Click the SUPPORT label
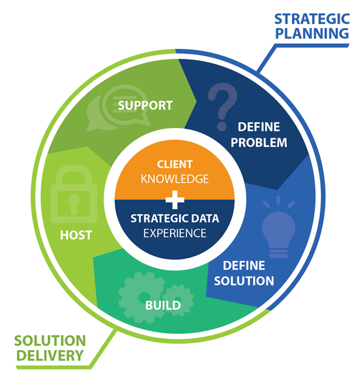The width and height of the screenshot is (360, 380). (x=145, y=105)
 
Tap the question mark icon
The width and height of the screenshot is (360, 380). (x=222, y=106)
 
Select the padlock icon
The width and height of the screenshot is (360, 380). (x=74, y=194)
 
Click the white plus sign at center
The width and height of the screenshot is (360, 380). (x=174, y=200)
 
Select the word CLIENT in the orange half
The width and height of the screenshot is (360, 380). (x=174, y=165)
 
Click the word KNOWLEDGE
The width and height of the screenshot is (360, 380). (x=174, y=179)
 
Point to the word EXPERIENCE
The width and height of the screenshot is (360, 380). (x=174, y=233)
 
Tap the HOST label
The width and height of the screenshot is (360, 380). (x=76, y=235)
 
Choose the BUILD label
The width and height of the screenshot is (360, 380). (x=163, y=306)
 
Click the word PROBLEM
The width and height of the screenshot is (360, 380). (x=259, y=142)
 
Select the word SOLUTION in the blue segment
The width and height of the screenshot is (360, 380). (x=244, y=281)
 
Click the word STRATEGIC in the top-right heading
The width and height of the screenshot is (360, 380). (x=312, y=19)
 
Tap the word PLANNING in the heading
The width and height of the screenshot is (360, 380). (x=312, y=33)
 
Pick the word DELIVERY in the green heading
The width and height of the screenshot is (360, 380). (x=50, y=355)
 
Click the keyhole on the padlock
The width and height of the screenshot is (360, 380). (x=74, y=204)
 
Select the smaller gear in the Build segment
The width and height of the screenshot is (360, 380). (x=178, y=300)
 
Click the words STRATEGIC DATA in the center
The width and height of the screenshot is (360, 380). (x=174, y=219)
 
